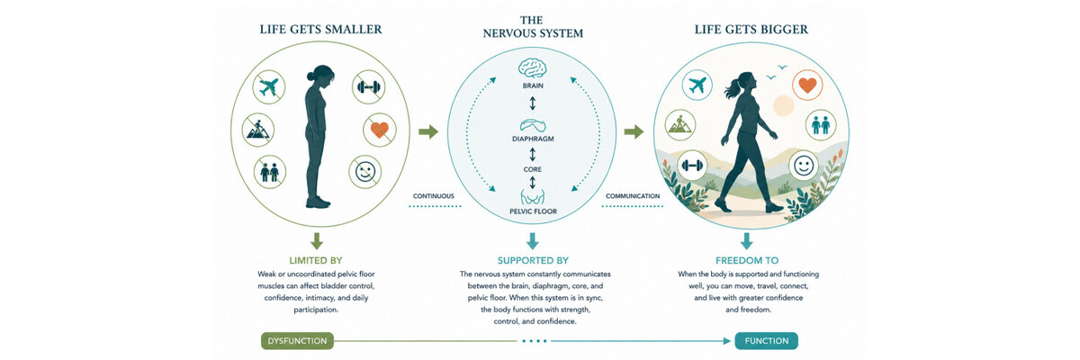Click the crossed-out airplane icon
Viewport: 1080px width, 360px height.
[x=268, y=87]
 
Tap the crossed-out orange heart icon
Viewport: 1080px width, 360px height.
[x=380, y=130]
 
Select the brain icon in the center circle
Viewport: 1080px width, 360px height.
[x=532, y=68]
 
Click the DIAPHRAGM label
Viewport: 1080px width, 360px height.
[x=533, y=139]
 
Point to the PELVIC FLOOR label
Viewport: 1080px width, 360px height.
[x=533, y=211]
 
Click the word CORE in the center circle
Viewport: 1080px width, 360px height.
[x=532, y=169]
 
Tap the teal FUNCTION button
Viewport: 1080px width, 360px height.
[x=766, y=341]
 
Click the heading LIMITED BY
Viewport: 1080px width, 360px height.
[x=316, y=260]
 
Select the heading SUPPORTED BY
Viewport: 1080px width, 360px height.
[x=533, y=260]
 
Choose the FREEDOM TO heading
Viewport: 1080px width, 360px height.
[x=747, y=260]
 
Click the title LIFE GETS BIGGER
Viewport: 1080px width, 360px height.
[x=751, y=30]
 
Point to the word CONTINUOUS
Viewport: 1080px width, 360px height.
[x=434, y=196]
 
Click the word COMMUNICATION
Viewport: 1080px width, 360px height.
[x=633, y=196]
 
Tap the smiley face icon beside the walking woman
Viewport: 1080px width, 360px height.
[x=804, y=166]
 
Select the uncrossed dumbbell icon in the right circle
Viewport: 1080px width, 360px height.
[x=692, y=166]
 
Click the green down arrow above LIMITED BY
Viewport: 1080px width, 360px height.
[x=316, y=241]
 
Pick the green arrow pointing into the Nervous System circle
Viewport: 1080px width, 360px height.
[x=428, y=131]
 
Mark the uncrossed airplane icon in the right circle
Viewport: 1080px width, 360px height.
[x=697, y=85]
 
